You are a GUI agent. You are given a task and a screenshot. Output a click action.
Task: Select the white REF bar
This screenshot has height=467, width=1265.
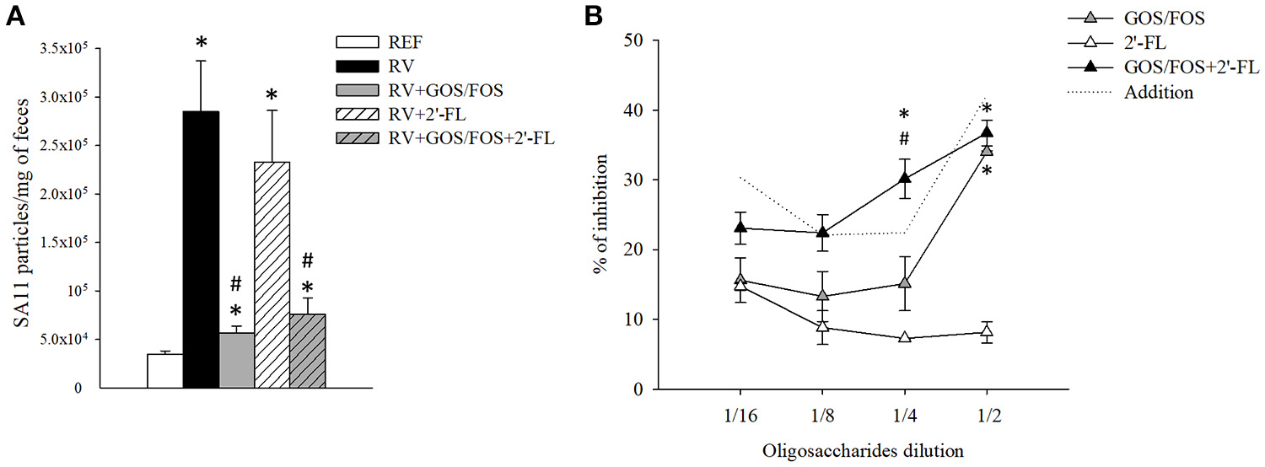pyautogui.click(x=165, y=371)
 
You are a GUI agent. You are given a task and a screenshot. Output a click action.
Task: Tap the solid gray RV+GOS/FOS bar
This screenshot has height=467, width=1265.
pyautogui.click(x=236, y=361)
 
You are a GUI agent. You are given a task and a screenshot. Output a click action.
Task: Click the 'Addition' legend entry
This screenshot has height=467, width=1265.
pyautogui.click(x=1159, y=92)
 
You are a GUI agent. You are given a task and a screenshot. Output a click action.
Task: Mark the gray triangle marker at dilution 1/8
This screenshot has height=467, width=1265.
pyautogui.click(x=822, y=296)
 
